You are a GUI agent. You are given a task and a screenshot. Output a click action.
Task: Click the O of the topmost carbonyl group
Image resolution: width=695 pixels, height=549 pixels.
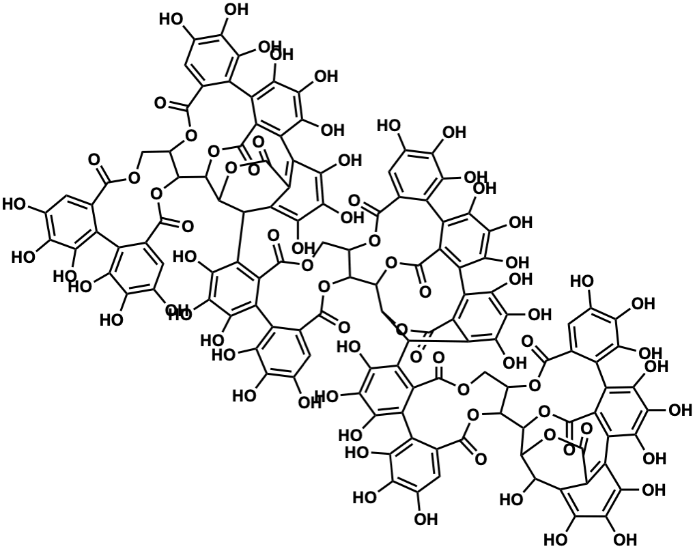point(161,103)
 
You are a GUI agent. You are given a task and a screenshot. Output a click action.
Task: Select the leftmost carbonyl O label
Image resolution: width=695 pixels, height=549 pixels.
point(94,163)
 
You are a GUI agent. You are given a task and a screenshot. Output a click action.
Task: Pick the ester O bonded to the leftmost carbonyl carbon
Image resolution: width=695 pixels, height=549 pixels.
point(133,179)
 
